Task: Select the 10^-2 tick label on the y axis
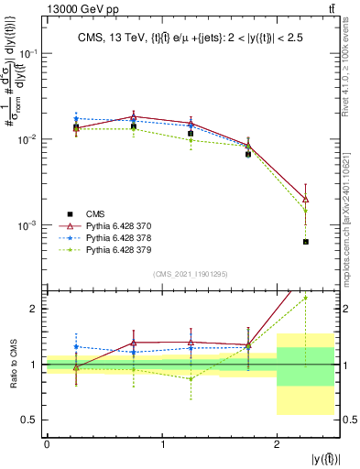pyautogui.click(x=29, y=139)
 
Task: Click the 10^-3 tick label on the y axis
pyautogui.click(x=29, y=225)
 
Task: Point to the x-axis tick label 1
pyautogui.click(x=162, y=443)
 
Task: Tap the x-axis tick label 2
pyautogui.click(x=277, y=443)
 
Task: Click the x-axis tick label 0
pyautogui.click(x=47, y=443)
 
